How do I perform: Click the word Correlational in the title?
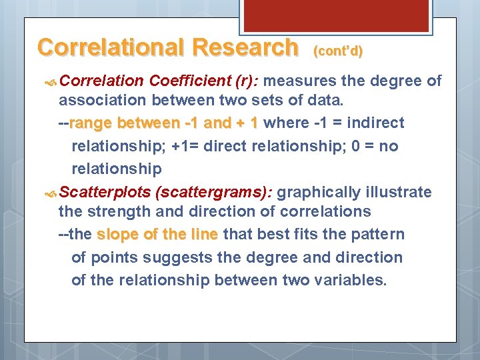(111, 47)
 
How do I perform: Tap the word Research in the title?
(245, 47)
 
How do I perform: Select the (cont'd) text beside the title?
(337, 51)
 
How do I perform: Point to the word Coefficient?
(190, 81)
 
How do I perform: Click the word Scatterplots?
(104, 193)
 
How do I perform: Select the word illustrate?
(397, 193)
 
